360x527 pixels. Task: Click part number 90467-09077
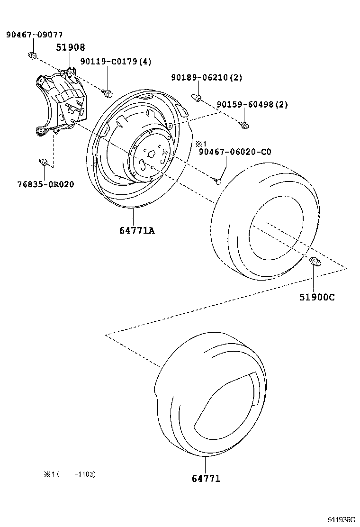34,35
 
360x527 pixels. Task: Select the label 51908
71,47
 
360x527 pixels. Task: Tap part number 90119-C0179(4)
108,62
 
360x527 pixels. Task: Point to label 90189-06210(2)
207,77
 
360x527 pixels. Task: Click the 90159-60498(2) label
252,104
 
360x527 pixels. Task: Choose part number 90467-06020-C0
235,152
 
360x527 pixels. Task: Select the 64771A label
137,231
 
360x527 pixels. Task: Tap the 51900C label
316,297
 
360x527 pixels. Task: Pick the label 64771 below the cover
206,479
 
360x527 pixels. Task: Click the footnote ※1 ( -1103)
70,474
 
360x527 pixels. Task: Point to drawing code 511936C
342,519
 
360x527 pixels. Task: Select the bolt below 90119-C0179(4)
108,91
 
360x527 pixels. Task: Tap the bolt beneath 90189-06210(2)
197,98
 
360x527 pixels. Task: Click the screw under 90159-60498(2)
245,126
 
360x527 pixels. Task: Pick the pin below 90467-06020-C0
217,180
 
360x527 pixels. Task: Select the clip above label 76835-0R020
43,164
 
